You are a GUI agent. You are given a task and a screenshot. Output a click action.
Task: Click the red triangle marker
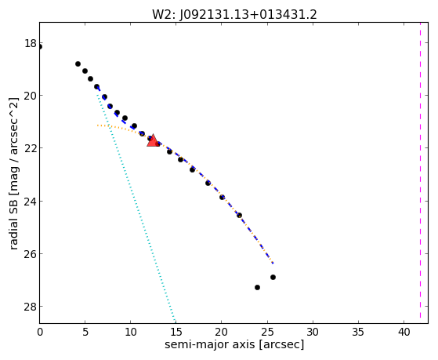coord(153,140)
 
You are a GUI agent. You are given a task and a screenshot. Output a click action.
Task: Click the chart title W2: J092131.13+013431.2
coord(234,14)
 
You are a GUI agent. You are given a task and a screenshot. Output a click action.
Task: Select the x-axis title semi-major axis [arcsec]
coord(234,344)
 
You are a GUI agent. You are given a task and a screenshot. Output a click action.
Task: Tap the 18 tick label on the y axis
coord(31,43)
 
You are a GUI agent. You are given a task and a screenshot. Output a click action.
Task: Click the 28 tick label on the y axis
coord(31,307)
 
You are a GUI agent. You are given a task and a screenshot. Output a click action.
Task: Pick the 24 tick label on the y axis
coord(31,201)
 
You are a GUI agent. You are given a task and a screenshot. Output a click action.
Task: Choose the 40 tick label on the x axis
coord(404,332)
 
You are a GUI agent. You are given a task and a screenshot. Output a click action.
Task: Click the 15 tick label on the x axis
coord(176,332)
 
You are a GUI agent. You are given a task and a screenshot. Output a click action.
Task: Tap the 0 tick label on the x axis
coord(40,332)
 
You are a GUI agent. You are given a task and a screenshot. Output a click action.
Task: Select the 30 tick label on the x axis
coord(313,332)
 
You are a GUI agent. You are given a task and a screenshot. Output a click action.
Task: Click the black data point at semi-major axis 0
coord(40,47)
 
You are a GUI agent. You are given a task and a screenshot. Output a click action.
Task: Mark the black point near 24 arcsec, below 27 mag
coord(257,287)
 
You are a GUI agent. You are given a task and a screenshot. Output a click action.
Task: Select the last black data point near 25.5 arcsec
coord(273,277)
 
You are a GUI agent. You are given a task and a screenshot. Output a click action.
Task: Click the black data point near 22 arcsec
coord(239,216)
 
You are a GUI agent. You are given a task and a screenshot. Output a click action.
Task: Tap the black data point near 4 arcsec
coord(78,64)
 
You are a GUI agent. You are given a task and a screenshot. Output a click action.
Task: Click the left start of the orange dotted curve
coord(97,125)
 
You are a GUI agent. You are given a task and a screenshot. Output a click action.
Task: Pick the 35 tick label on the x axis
coord(358,332)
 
